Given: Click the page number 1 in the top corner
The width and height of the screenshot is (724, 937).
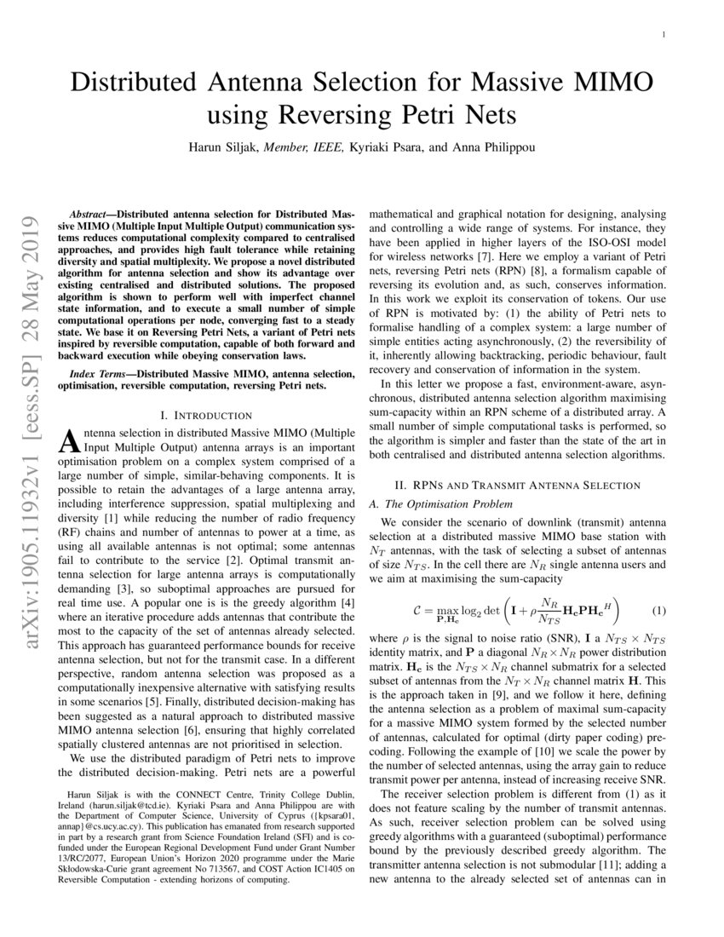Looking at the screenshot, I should click(x=663, y=35).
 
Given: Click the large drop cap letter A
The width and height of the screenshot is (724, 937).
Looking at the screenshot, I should click(x=67, y=441).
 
